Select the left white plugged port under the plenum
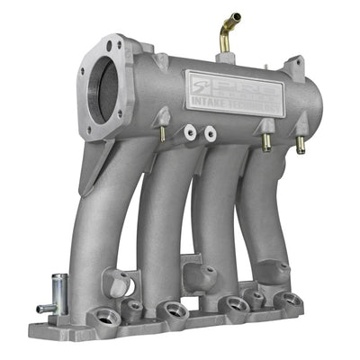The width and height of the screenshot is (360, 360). tap(191, 133)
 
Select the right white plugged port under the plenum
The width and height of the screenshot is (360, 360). tap(210, 133)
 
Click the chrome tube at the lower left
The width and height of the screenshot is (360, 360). tap(58, 292)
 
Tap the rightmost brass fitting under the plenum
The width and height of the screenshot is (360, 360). tap(300, 142)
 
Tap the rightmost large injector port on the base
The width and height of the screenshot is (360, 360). tap(286, 301)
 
